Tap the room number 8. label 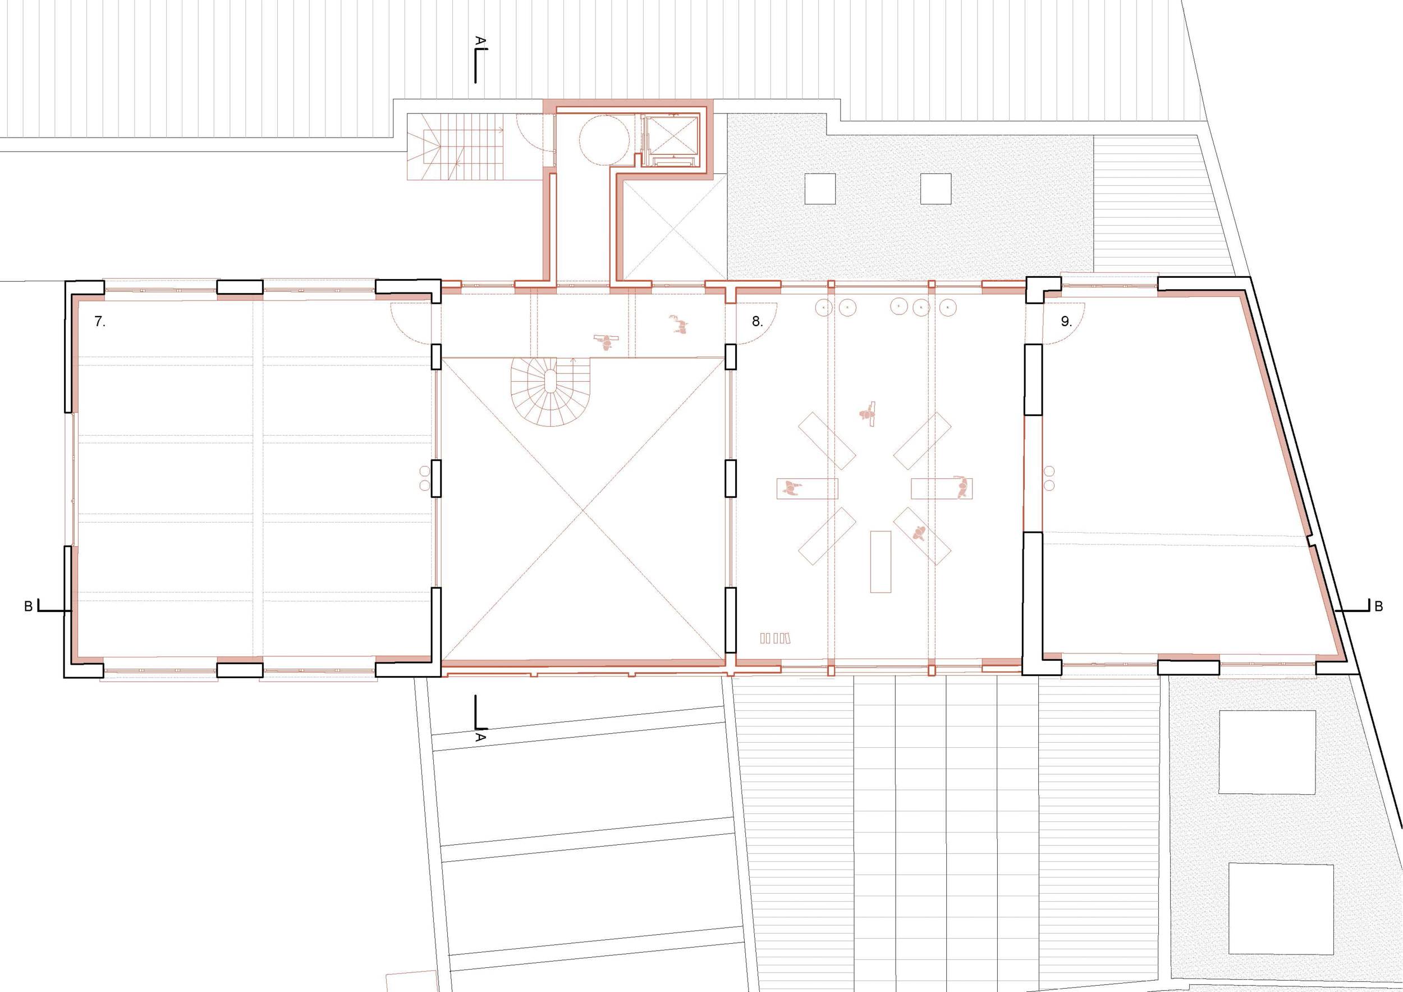757,322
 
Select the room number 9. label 1066,322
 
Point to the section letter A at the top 480,41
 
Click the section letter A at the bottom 480,737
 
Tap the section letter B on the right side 1378,607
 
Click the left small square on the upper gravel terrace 820,189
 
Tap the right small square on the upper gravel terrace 936,189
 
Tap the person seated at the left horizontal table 791,488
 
